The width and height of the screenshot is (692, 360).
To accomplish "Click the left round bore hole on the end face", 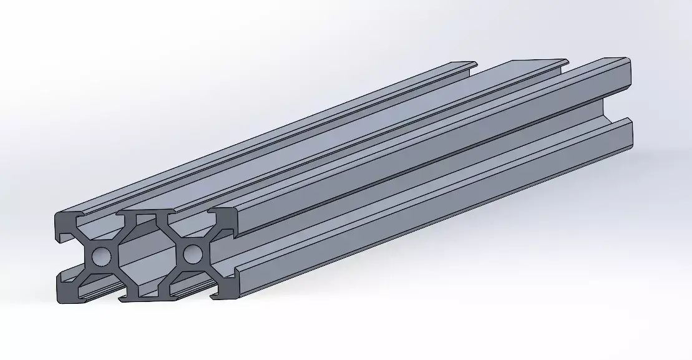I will [x=101, y=255].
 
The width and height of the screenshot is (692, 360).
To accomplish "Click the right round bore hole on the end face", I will [x=192, y=253].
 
